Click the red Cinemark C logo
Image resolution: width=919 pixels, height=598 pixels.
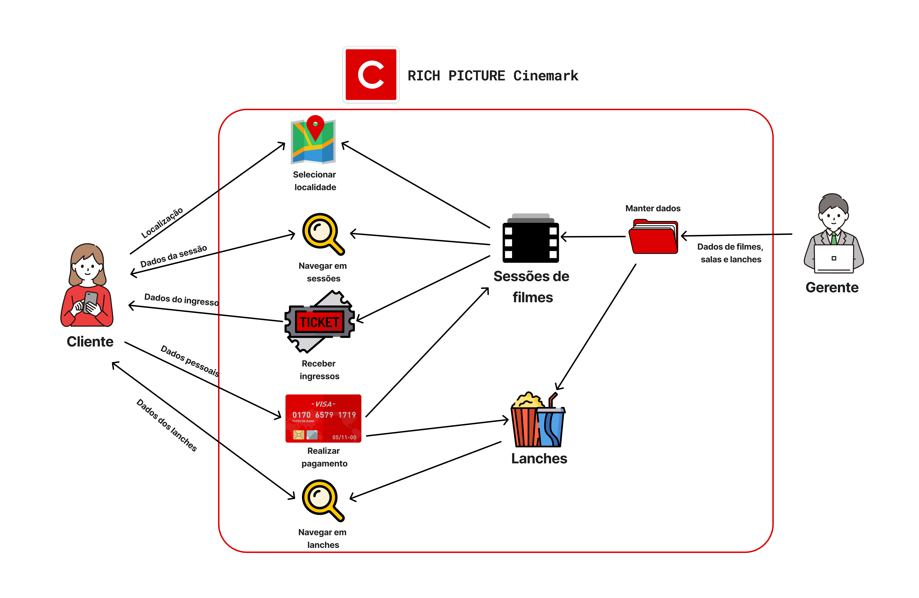pos(371,75)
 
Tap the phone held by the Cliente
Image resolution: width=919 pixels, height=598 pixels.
pos(91,301)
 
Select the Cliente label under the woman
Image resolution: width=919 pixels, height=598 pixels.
pos(90,341)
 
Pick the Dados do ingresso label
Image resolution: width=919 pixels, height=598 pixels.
pos(181,299)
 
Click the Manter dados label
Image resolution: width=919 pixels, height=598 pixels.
pos(653,208)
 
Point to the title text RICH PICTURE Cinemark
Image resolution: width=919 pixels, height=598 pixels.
pos(493,76)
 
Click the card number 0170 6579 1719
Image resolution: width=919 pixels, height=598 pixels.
pos(324,415)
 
